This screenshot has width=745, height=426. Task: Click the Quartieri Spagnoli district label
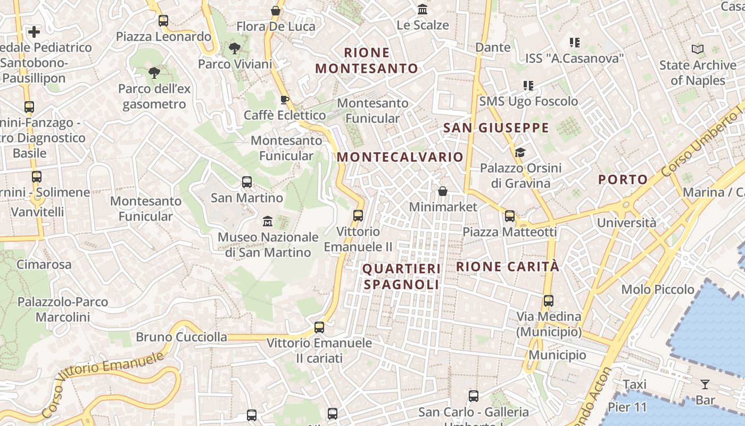coord(402,276)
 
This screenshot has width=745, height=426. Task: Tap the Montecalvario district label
coord(400,157)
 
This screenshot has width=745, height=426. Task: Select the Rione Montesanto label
coord(367,61)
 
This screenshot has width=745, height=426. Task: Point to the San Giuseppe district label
coord(496,128)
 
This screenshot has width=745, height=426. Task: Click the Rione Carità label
coord(508,267)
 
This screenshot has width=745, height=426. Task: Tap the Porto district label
coord(623,179)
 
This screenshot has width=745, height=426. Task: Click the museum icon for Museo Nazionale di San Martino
coord(268,220)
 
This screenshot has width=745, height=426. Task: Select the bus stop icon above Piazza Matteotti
coord(510,216)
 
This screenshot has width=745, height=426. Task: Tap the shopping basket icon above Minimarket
coord(442,191)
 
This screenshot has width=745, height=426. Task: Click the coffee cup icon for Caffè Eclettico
coord(285,100)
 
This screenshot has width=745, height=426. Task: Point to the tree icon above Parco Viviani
coord(234,49)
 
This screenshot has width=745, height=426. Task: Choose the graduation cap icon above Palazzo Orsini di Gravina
coord(520,153)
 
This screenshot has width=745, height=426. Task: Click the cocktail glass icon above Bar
coord(705,384)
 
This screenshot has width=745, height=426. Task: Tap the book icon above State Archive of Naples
coord(698,50)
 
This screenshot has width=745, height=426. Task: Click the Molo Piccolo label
coord(658,290)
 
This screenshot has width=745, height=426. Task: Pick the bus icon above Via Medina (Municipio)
coord(549,301)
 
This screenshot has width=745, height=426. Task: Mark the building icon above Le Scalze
coord(423,10)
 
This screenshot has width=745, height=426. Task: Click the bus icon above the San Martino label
coord(247,182)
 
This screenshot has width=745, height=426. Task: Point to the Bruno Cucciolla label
coord(181,337)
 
